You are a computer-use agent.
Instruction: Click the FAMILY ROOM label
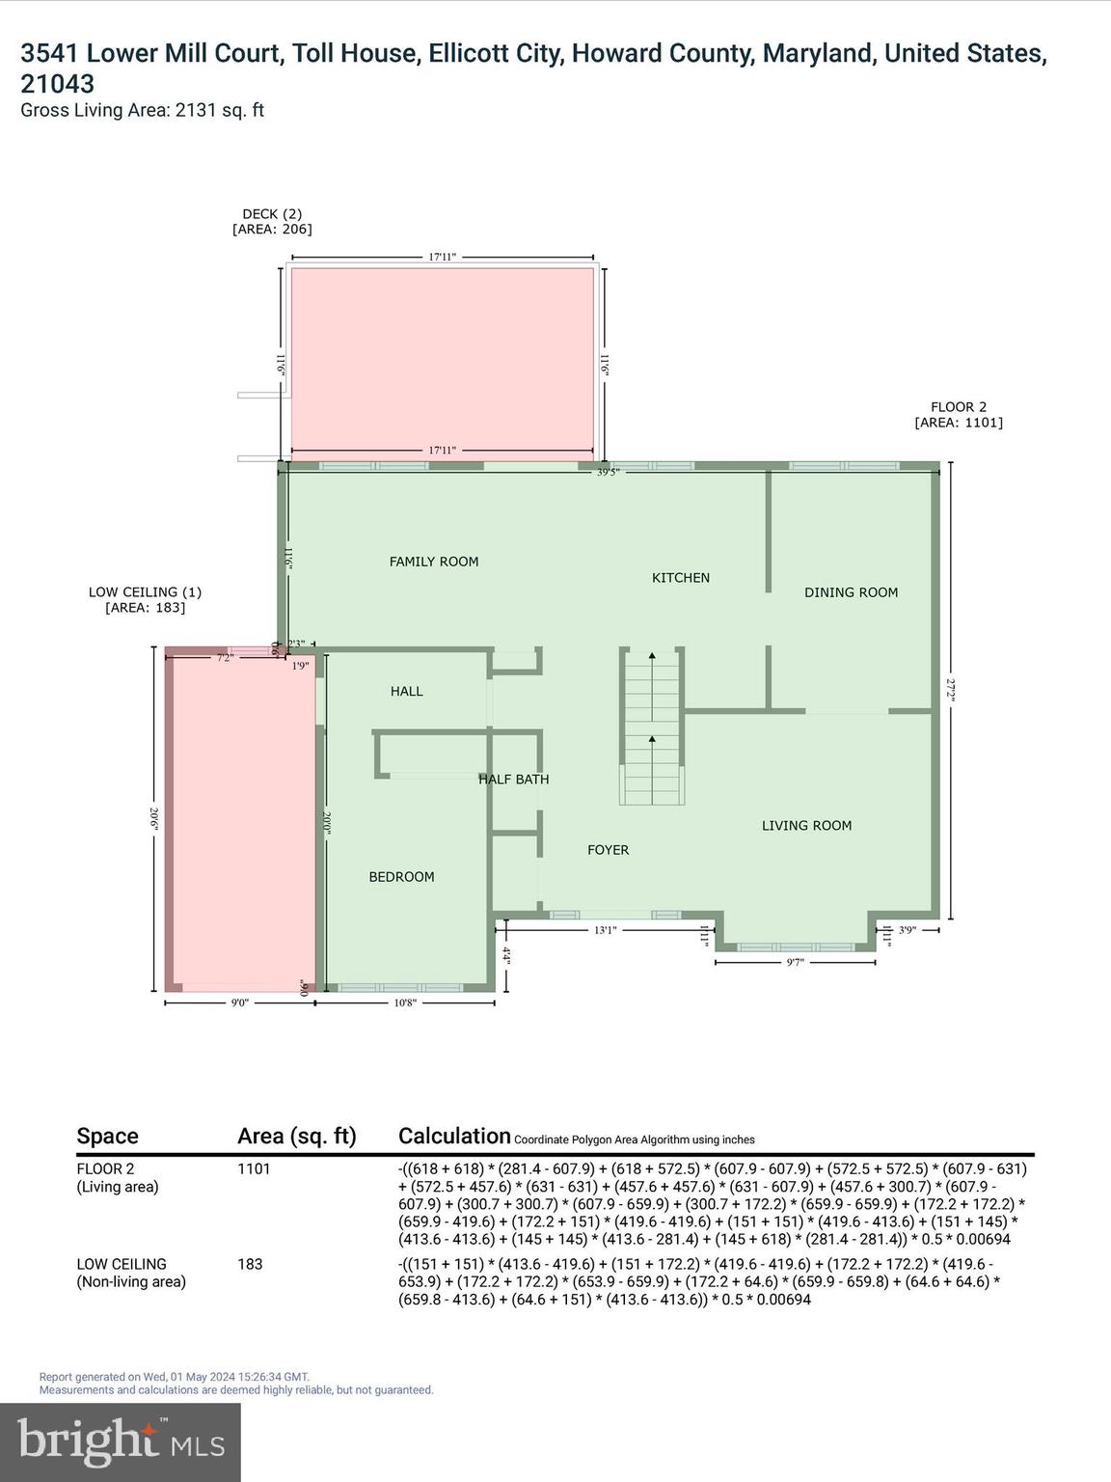[x=433, y=562]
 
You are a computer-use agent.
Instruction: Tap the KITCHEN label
[x=680, y=578]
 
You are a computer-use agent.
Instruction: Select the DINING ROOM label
[x=851, y=592]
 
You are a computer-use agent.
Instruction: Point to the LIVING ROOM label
[x=806, y=825]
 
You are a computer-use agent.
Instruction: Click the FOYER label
[x=608, y=850]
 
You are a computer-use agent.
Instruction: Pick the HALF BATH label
[x=513, y=780]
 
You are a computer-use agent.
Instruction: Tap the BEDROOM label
[x=401, y=877]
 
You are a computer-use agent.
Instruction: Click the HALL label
[x=406, y=692]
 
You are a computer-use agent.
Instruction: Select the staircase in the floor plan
[x=652, y=727]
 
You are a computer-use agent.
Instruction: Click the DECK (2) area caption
[x=272, y=222]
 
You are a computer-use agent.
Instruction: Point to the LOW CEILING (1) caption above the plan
[x=145, y=599]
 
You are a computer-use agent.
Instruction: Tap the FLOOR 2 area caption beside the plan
[x=958, y=415]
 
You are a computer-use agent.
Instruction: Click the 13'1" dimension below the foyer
[x=605, y=930]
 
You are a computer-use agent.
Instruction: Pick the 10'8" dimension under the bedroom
[x=405, y=1002]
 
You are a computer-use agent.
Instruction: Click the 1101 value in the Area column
[x=254, y=1168]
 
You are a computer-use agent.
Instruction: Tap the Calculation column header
[x=454, y=1136]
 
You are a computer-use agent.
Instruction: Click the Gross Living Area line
[x=142, y=110]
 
